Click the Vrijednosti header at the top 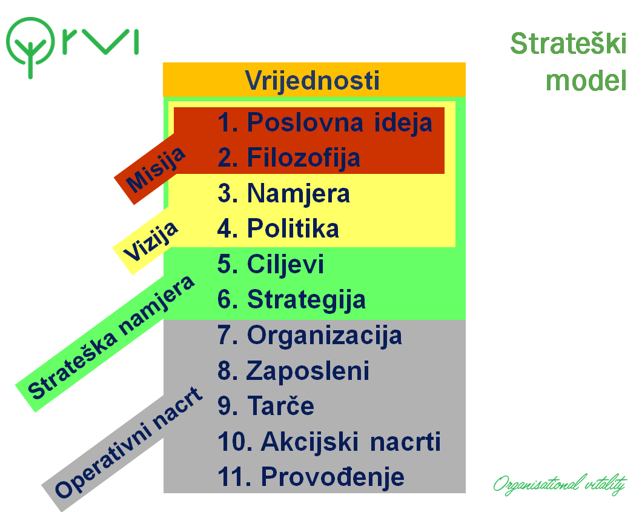click(x=312, y=80)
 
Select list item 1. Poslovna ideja click(x=325, y=122)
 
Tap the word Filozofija click(x=304, y=158)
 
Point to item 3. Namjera click(x=283, y=193)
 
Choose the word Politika click(x=293, y=228)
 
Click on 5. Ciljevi click(x=271, y=264)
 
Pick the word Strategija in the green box click(x=306, y=300)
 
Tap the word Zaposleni click(x=308, y=371)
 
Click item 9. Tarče click(x=266, y=405)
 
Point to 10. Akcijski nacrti click(x=329, y=442)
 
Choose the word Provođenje click(x=333, y=477)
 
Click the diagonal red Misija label click(x=155, y=169)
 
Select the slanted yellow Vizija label click(x=150, y=241)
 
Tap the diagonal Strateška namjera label click(x=111, y=337)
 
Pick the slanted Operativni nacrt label click(x=128, y=443)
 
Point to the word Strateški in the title click(x=568, y=44)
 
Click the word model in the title click(x=586, y=80)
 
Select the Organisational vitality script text click(x=560, y=485)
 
